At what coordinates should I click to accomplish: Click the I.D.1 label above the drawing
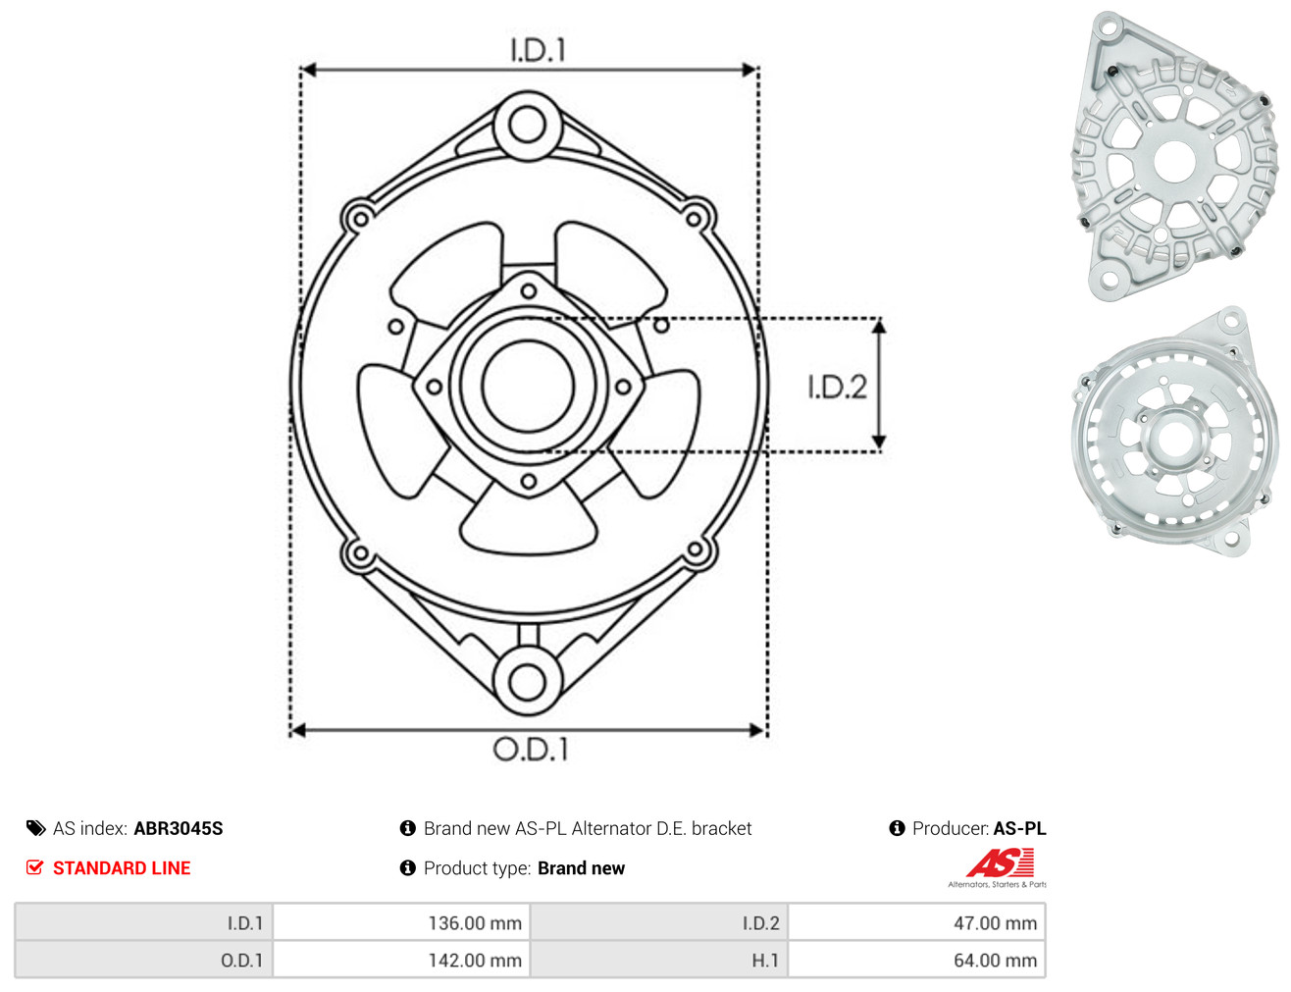pos(538,50)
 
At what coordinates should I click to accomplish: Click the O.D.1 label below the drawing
pos(531,749)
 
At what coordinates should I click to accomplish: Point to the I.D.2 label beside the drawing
pos(837,387)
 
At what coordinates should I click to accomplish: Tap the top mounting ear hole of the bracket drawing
pos(527,126)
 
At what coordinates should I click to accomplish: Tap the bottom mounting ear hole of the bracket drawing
pos(527,681)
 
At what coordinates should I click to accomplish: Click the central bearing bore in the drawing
pos(528,386)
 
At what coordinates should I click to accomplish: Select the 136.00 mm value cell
pos(401,922)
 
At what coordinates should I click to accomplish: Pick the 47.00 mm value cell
pos(916,922)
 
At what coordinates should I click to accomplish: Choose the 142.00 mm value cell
pos(401,960)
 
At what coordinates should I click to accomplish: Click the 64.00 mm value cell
pos(916,960)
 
